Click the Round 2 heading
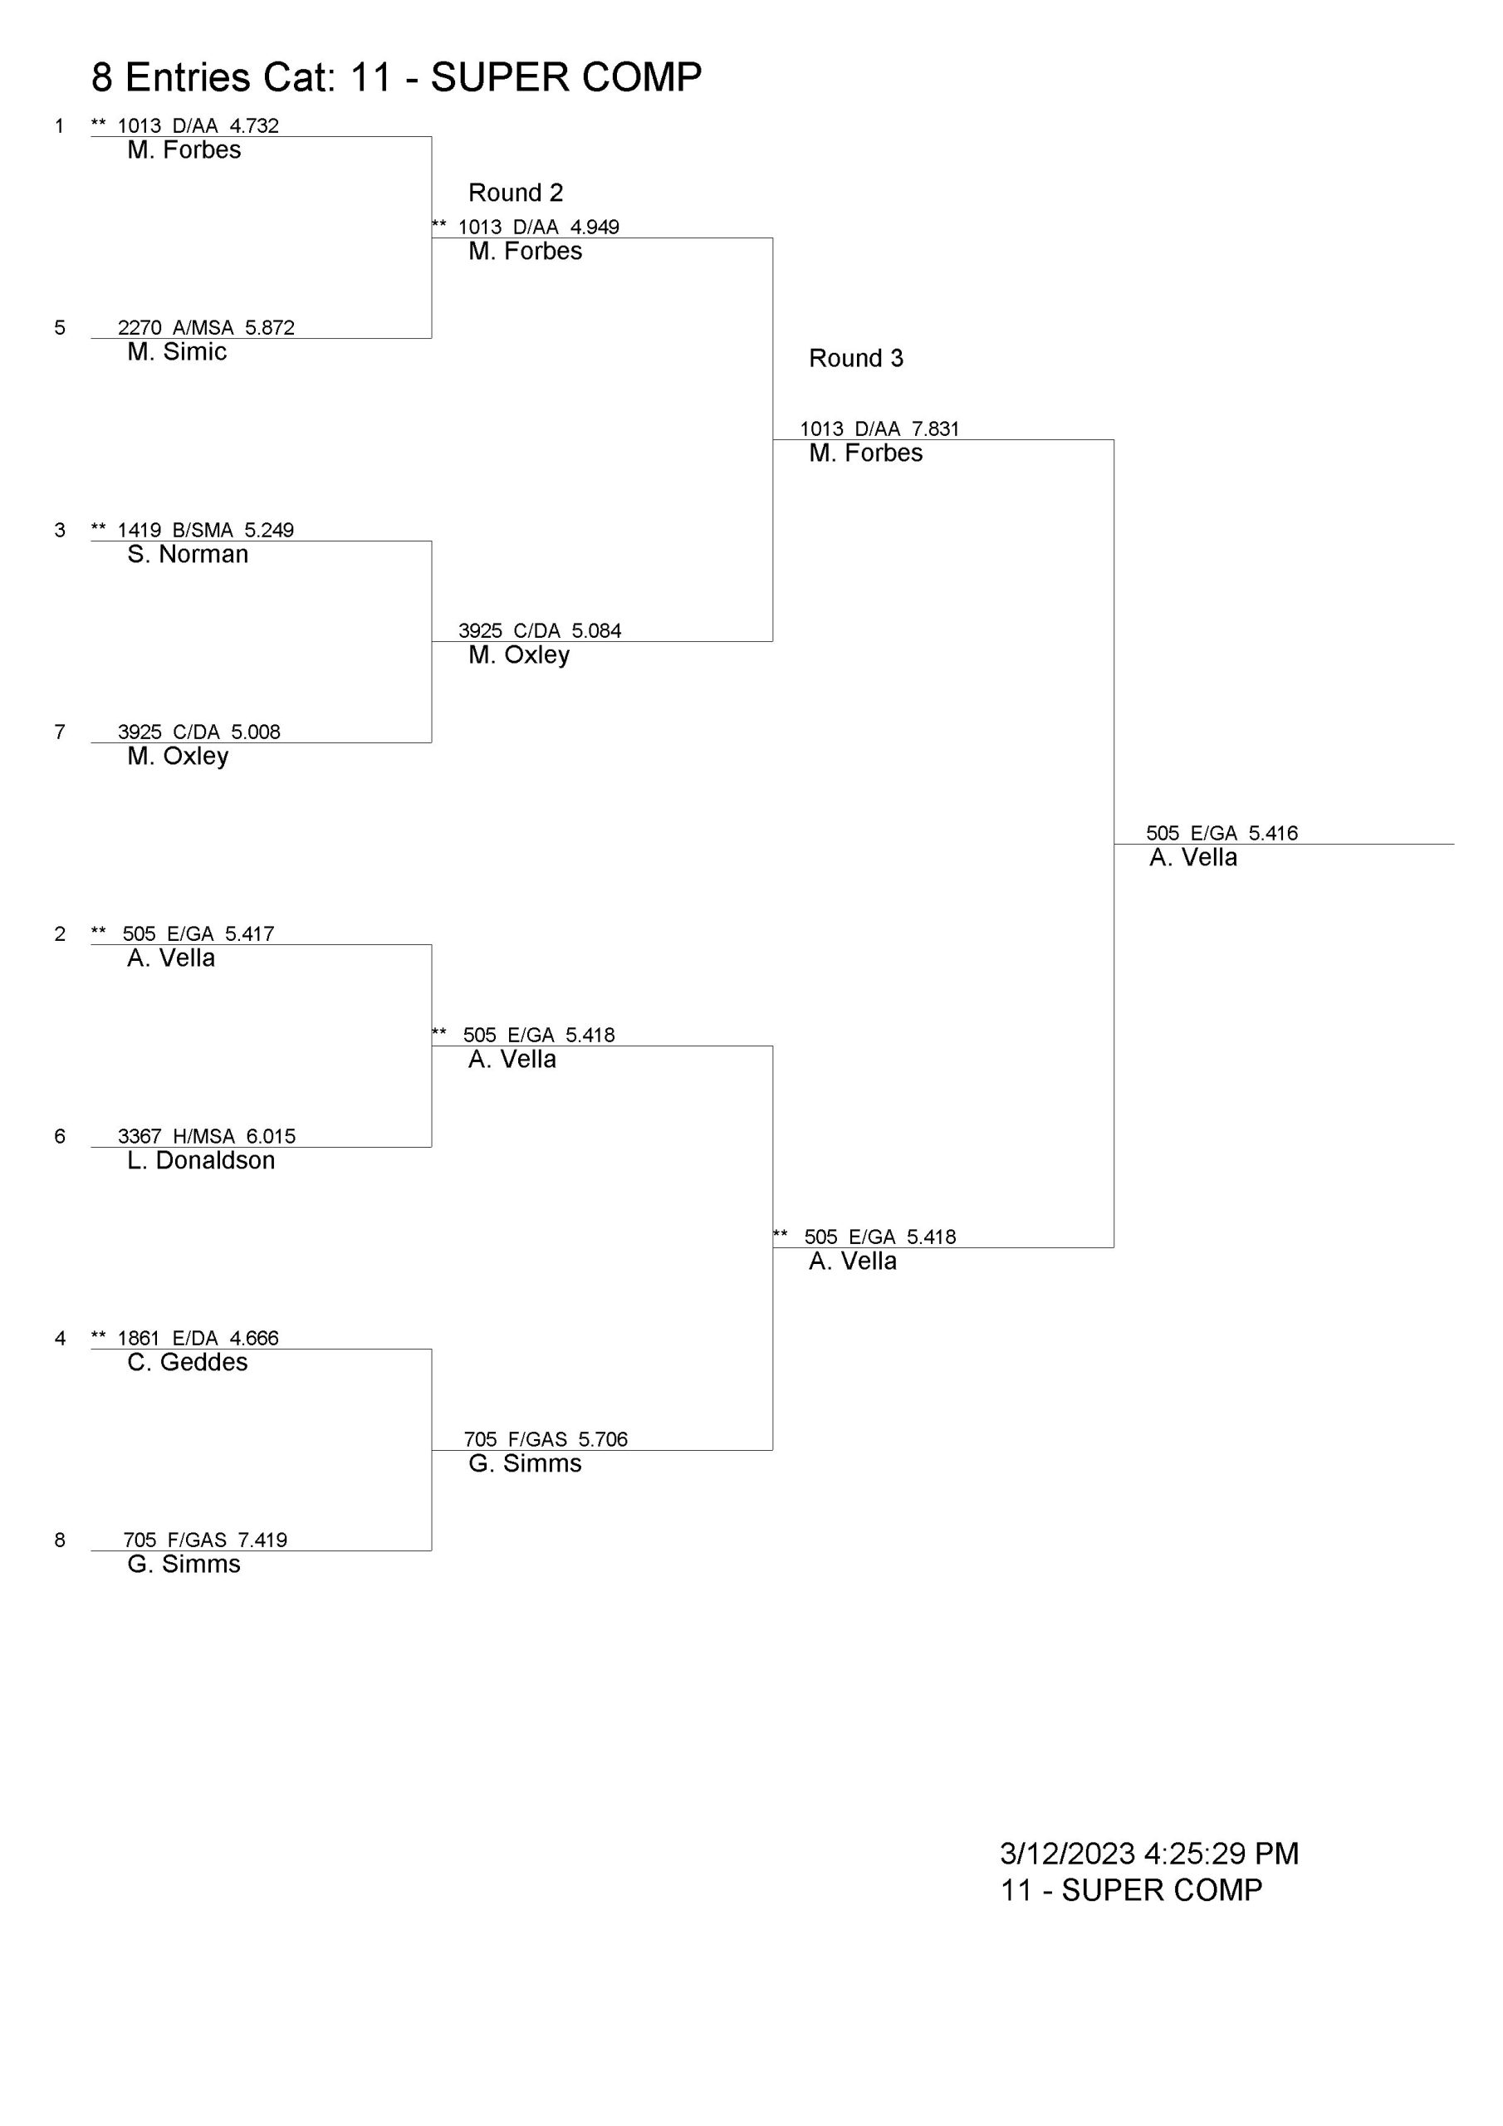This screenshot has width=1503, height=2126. point(516,193)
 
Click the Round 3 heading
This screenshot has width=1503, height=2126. point(855,358)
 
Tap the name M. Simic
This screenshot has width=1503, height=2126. point(177,352)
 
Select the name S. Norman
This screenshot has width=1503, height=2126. point(188,554)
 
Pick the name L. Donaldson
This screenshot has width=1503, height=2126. point(201,1160)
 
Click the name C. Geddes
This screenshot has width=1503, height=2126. point(188,1362)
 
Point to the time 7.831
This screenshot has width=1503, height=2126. point(935,429)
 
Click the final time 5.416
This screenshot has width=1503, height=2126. point(1273,832)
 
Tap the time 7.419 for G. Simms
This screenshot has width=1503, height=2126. point(263,1540)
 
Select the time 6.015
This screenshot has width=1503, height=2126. point(271,1136)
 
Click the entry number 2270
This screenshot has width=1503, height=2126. point(140,327)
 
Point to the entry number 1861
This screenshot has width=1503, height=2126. point(139,1338)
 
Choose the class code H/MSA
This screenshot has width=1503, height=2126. point(203,1136)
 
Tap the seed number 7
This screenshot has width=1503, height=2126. point(60,732)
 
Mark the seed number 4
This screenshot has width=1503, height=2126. point(60,1338)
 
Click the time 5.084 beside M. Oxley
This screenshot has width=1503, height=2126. point(596,630)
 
